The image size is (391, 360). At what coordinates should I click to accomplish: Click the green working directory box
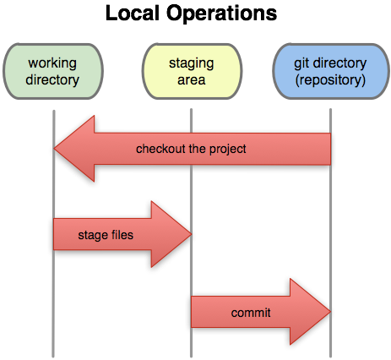[x=53, y=72]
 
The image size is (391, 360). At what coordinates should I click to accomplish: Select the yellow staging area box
[x=191, y=72]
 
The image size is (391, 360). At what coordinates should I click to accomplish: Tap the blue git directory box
[x=329, y=72]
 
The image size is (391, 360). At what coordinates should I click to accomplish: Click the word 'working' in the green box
[x=53, y=64]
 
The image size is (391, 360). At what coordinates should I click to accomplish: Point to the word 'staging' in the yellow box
[x=191, y=64]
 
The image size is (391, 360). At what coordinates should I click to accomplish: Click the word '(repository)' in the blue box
[x=329, y=80]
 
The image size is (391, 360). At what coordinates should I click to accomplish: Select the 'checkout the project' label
[x=191, y=150]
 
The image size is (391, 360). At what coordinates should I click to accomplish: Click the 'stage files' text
[x=104, y=234]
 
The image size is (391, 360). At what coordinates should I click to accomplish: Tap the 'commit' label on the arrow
[x=250, y=313]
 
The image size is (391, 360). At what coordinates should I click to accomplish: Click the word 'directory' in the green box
[x=53, y=80]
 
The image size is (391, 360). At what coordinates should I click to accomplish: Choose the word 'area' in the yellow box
[x=191, y=80]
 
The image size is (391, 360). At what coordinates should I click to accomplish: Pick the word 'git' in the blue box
[x=300, y=64]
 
